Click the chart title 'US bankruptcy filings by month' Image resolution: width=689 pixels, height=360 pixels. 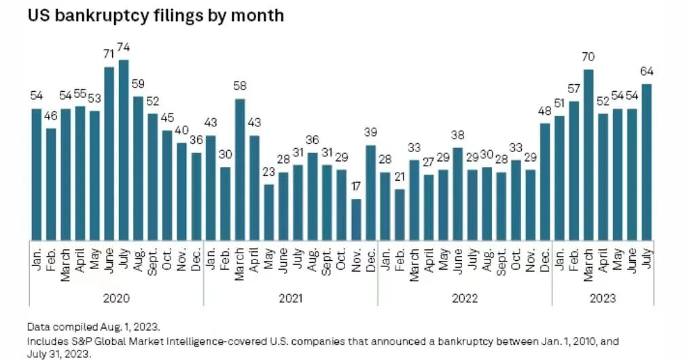[156, 16]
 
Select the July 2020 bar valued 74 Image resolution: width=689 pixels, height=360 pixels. [124, 149]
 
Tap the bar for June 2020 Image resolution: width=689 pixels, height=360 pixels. [109, 154]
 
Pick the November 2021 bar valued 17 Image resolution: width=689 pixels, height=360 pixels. [356, 219]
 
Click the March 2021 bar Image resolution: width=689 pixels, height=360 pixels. [240, 169]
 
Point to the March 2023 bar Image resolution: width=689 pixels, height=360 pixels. [588, 155]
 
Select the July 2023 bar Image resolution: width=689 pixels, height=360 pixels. [647, 162]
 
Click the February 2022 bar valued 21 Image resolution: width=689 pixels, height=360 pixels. [400, 215]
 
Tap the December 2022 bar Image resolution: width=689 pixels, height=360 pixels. [545, 182]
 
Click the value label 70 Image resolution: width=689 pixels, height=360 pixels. [588, 57]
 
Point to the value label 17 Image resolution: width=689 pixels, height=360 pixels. [356, 187]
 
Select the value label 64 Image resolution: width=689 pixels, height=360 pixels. [647, 71]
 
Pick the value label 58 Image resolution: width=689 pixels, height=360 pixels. [240, 86]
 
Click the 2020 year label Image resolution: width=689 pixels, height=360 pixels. [116, 299]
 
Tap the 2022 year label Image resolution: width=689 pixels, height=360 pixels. [465, 299]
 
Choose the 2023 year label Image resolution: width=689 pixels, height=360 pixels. [603, 299]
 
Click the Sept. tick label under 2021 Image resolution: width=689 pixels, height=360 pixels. [326, 262]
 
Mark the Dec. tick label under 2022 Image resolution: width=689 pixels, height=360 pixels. [545, 260]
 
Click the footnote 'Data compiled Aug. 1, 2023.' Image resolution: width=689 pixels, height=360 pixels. [94, 327]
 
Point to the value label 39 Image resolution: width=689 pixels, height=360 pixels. [370, 132]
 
